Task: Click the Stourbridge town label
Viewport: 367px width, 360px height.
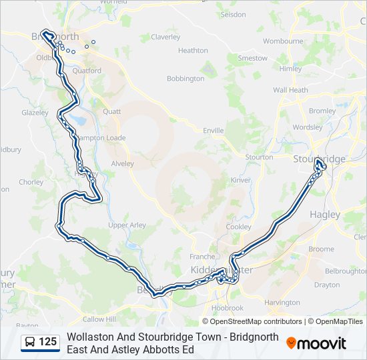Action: [x=319, y=159]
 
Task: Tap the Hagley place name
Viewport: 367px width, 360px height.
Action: [x=325, y=215]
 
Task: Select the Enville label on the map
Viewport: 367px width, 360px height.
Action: [x=214, y=131]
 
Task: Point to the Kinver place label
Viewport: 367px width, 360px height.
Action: [x=240, y=180]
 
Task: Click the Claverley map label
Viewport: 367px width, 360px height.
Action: [x=165, y=37]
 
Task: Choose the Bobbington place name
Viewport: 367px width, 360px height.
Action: [x=185, y=79]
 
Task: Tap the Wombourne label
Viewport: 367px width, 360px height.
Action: [x=283, y=41]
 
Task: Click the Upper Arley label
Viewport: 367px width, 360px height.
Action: [x=127, y=225]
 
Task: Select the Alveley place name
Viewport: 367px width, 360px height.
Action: [x=122, y=163]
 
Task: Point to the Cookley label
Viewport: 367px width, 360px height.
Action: [x=239, y=227]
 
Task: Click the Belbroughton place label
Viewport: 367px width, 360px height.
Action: [x=344, y=271]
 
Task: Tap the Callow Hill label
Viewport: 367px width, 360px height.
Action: [x=99, y=319]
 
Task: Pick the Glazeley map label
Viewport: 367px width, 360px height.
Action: [x=35, y=113]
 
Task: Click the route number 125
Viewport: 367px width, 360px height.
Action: [x=47, y=342]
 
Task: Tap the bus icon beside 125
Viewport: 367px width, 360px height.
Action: [x=30, y=342]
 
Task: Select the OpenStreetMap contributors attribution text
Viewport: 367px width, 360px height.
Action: [x=252, y=321]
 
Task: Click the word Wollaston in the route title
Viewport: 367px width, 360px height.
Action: [x=89, y=337]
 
